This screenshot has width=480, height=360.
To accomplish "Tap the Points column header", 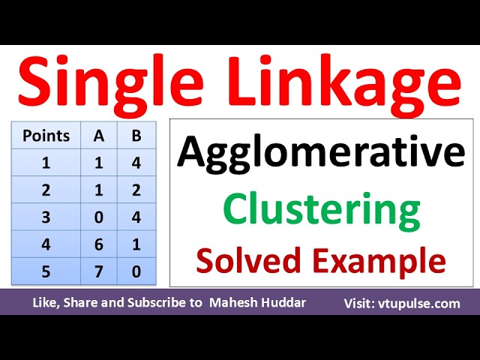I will pos(46,136).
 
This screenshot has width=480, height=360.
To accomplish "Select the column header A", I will pos(99,136).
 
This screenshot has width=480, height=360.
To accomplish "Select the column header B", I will pos(135,136).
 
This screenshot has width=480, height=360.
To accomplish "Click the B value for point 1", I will pos(135,163).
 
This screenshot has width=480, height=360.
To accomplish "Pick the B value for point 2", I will pos(135,190).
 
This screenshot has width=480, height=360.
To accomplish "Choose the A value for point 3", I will pos(99,217).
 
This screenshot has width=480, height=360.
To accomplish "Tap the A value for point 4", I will pos(99,244).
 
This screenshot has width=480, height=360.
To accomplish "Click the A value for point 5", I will pos(99,271).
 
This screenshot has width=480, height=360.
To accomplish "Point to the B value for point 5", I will pos(135,271).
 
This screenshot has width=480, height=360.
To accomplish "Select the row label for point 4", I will pos(46,244).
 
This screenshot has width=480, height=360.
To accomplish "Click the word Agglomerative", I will pos(320,154).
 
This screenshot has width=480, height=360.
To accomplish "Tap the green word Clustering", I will pos(322,210).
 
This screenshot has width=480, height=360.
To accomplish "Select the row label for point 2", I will pos(46,190).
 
